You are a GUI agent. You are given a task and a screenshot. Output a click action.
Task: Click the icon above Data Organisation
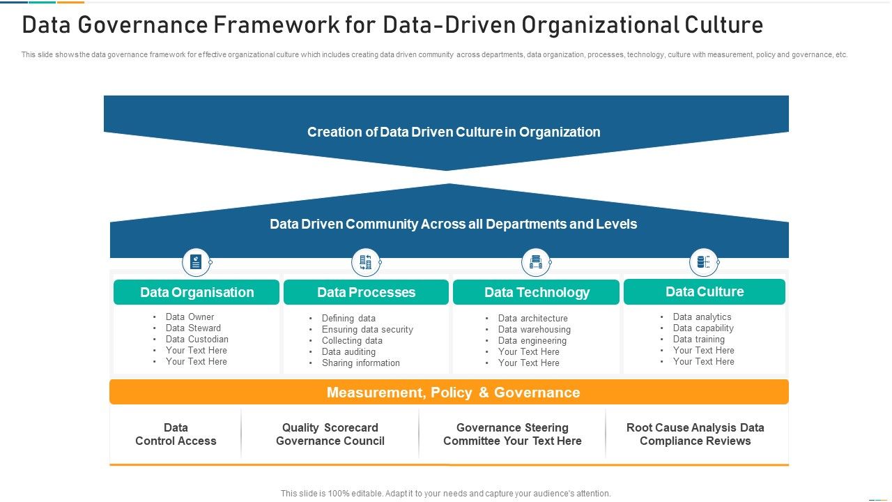pos(196,262)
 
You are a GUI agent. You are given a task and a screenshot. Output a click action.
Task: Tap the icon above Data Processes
pos(366,262)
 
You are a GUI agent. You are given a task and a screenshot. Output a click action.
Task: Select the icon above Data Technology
pos(536,262)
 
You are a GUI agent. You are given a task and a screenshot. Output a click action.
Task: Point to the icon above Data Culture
pos(704,262)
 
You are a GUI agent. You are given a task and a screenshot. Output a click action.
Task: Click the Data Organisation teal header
pos(197,292)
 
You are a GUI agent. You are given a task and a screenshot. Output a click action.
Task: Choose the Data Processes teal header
pos(366,292)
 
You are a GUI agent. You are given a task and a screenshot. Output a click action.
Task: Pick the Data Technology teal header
pos(536,292)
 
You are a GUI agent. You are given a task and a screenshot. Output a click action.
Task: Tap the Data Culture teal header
pos(705,291)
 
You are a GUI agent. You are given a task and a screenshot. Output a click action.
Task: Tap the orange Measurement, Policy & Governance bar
pos(449,392)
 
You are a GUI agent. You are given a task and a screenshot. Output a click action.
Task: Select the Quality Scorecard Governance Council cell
pos(330,434)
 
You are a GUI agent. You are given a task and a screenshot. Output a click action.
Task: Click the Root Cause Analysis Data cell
pos(695,434)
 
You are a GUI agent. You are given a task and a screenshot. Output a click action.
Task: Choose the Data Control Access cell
pos(176,434)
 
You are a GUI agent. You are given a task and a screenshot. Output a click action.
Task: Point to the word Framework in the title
pos(277,24)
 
